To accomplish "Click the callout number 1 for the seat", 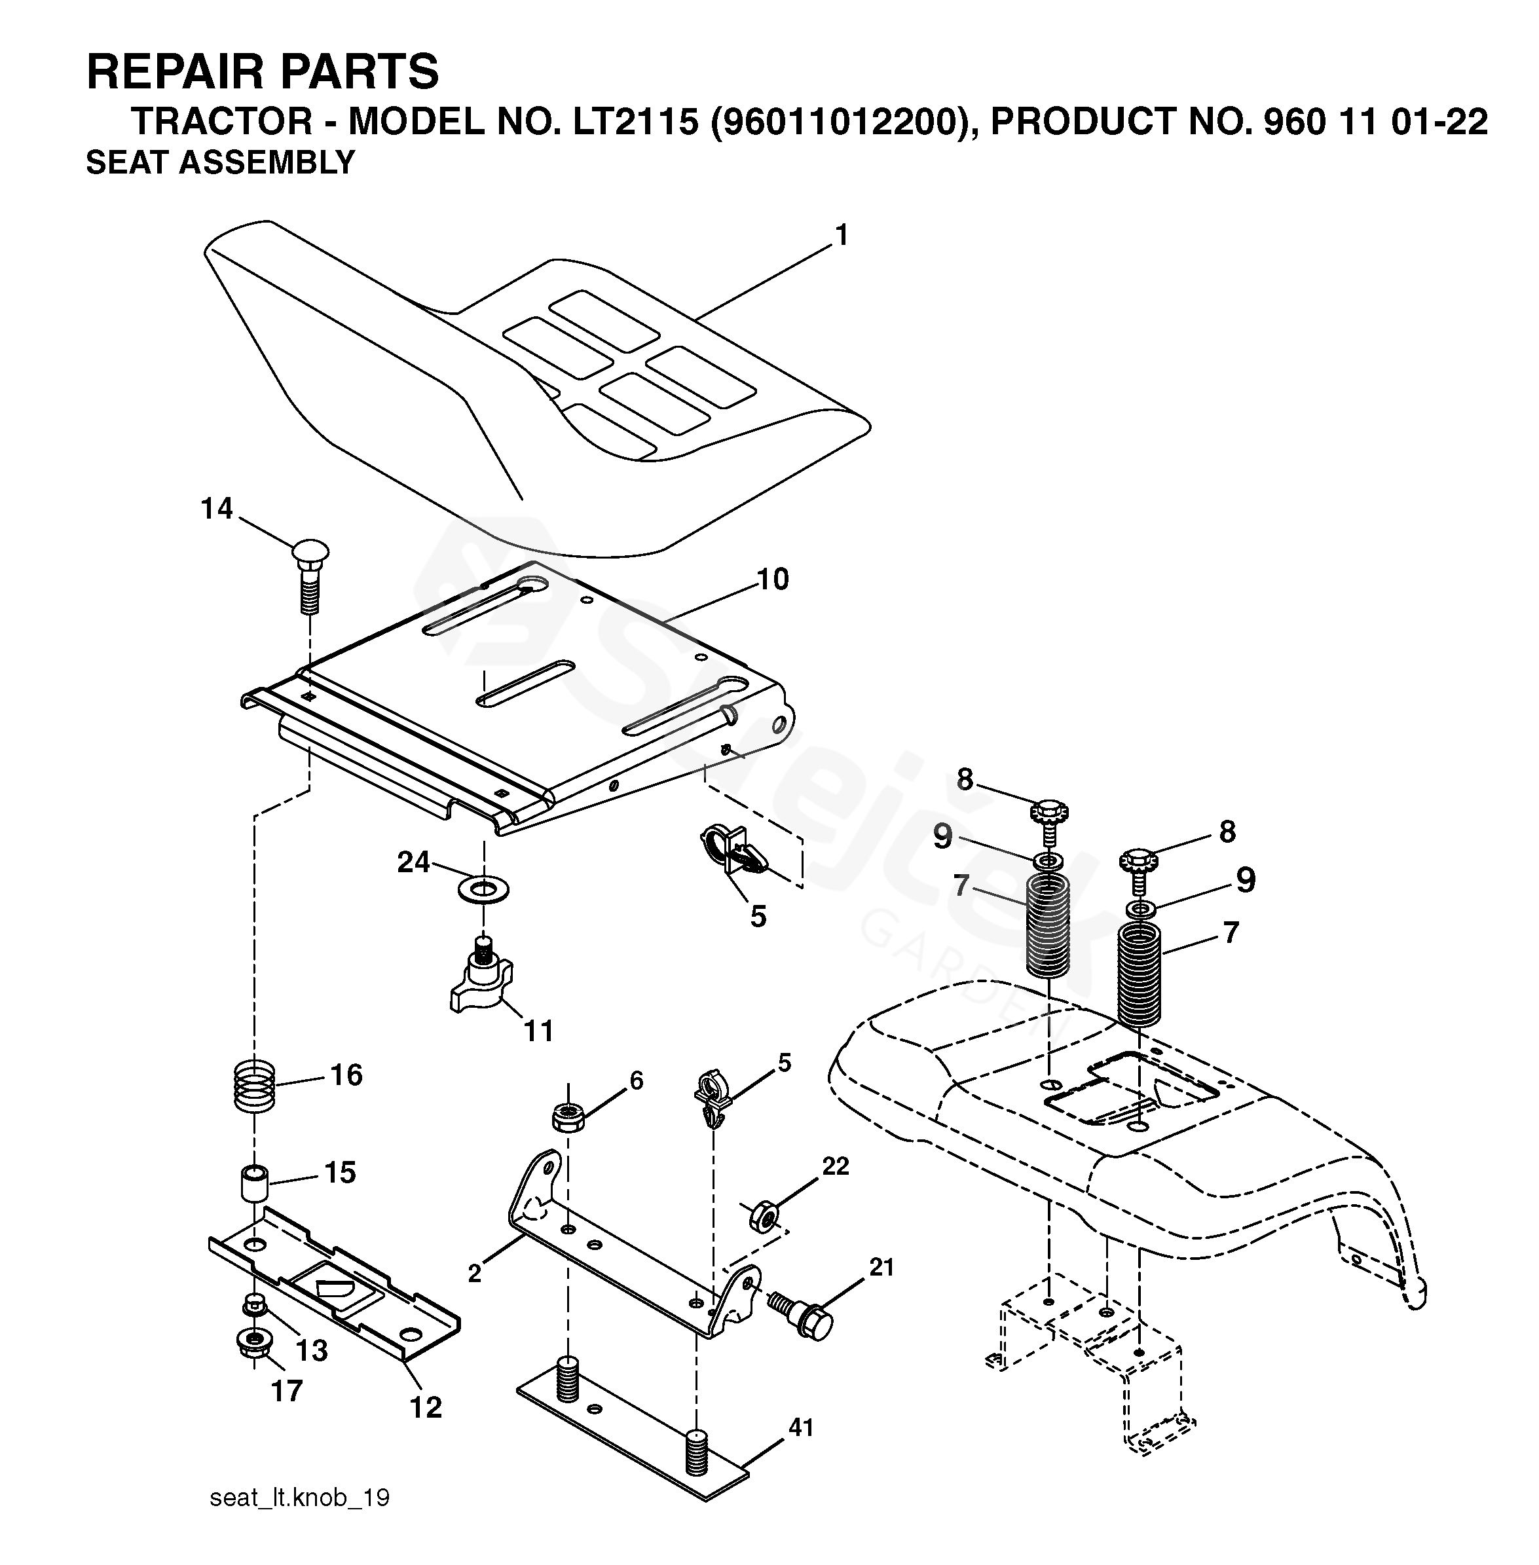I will coord(842,235).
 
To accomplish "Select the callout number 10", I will coord(773,579).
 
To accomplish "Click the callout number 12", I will coord(425,1407).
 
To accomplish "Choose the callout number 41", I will coord(800,1428).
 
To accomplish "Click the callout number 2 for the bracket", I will coord(475,1272).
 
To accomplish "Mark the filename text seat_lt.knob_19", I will coord(299,1498).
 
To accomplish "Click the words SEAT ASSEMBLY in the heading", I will coord(220,162).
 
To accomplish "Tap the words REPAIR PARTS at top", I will coord(263,71).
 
